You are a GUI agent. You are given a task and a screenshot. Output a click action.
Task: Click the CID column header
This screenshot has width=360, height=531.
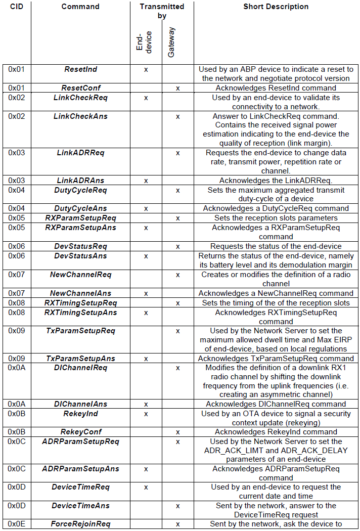[x=16, y=7]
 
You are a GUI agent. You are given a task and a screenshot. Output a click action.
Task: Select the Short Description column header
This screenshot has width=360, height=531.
[x=276, y=7]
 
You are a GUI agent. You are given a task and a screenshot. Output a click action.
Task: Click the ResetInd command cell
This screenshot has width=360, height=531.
[x=80, y=69]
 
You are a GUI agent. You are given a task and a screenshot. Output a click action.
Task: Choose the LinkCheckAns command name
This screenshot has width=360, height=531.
[x=80, y=116]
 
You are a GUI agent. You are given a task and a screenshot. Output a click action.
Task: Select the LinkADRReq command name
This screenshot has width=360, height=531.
[x=80, y=153]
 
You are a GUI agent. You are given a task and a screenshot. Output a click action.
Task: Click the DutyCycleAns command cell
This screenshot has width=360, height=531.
[x=80, y=208]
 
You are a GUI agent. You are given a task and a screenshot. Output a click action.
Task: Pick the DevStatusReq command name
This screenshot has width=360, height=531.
[x=80, y=246]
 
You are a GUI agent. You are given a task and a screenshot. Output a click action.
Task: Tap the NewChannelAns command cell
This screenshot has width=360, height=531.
[x=80, y=293]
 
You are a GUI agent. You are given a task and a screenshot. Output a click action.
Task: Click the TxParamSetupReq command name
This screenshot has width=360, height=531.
[x=80, y=331]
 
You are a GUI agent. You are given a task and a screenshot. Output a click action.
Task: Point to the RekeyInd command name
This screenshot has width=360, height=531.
[x=80, y=414]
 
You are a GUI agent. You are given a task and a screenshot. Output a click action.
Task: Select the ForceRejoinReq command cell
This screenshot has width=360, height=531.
[x=80, y=524]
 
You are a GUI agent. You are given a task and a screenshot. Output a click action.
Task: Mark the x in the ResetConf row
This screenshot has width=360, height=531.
[x=178, y=88]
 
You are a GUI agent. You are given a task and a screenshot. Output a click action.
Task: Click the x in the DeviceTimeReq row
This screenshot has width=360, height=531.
[x=146, y=487]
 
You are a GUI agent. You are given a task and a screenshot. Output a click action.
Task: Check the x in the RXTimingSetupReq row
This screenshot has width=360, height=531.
[x=178, y=303]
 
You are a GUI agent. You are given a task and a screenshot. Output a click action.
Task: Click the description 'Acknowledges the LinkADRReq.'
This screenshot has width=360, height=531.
[x=276, y=181]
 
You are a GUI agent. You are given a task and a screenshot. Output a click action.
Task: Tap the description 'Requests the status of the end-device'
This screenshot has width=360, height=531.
[x=276, y=246]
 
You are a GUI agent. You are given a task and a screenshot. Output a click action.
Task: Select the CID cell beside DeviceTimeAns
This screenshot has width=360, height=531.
[x=16, y=506]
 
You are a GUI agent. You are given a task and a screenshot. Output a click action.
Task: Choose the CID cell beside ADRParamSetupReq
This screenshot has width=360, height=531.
[x=16, y=441]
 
